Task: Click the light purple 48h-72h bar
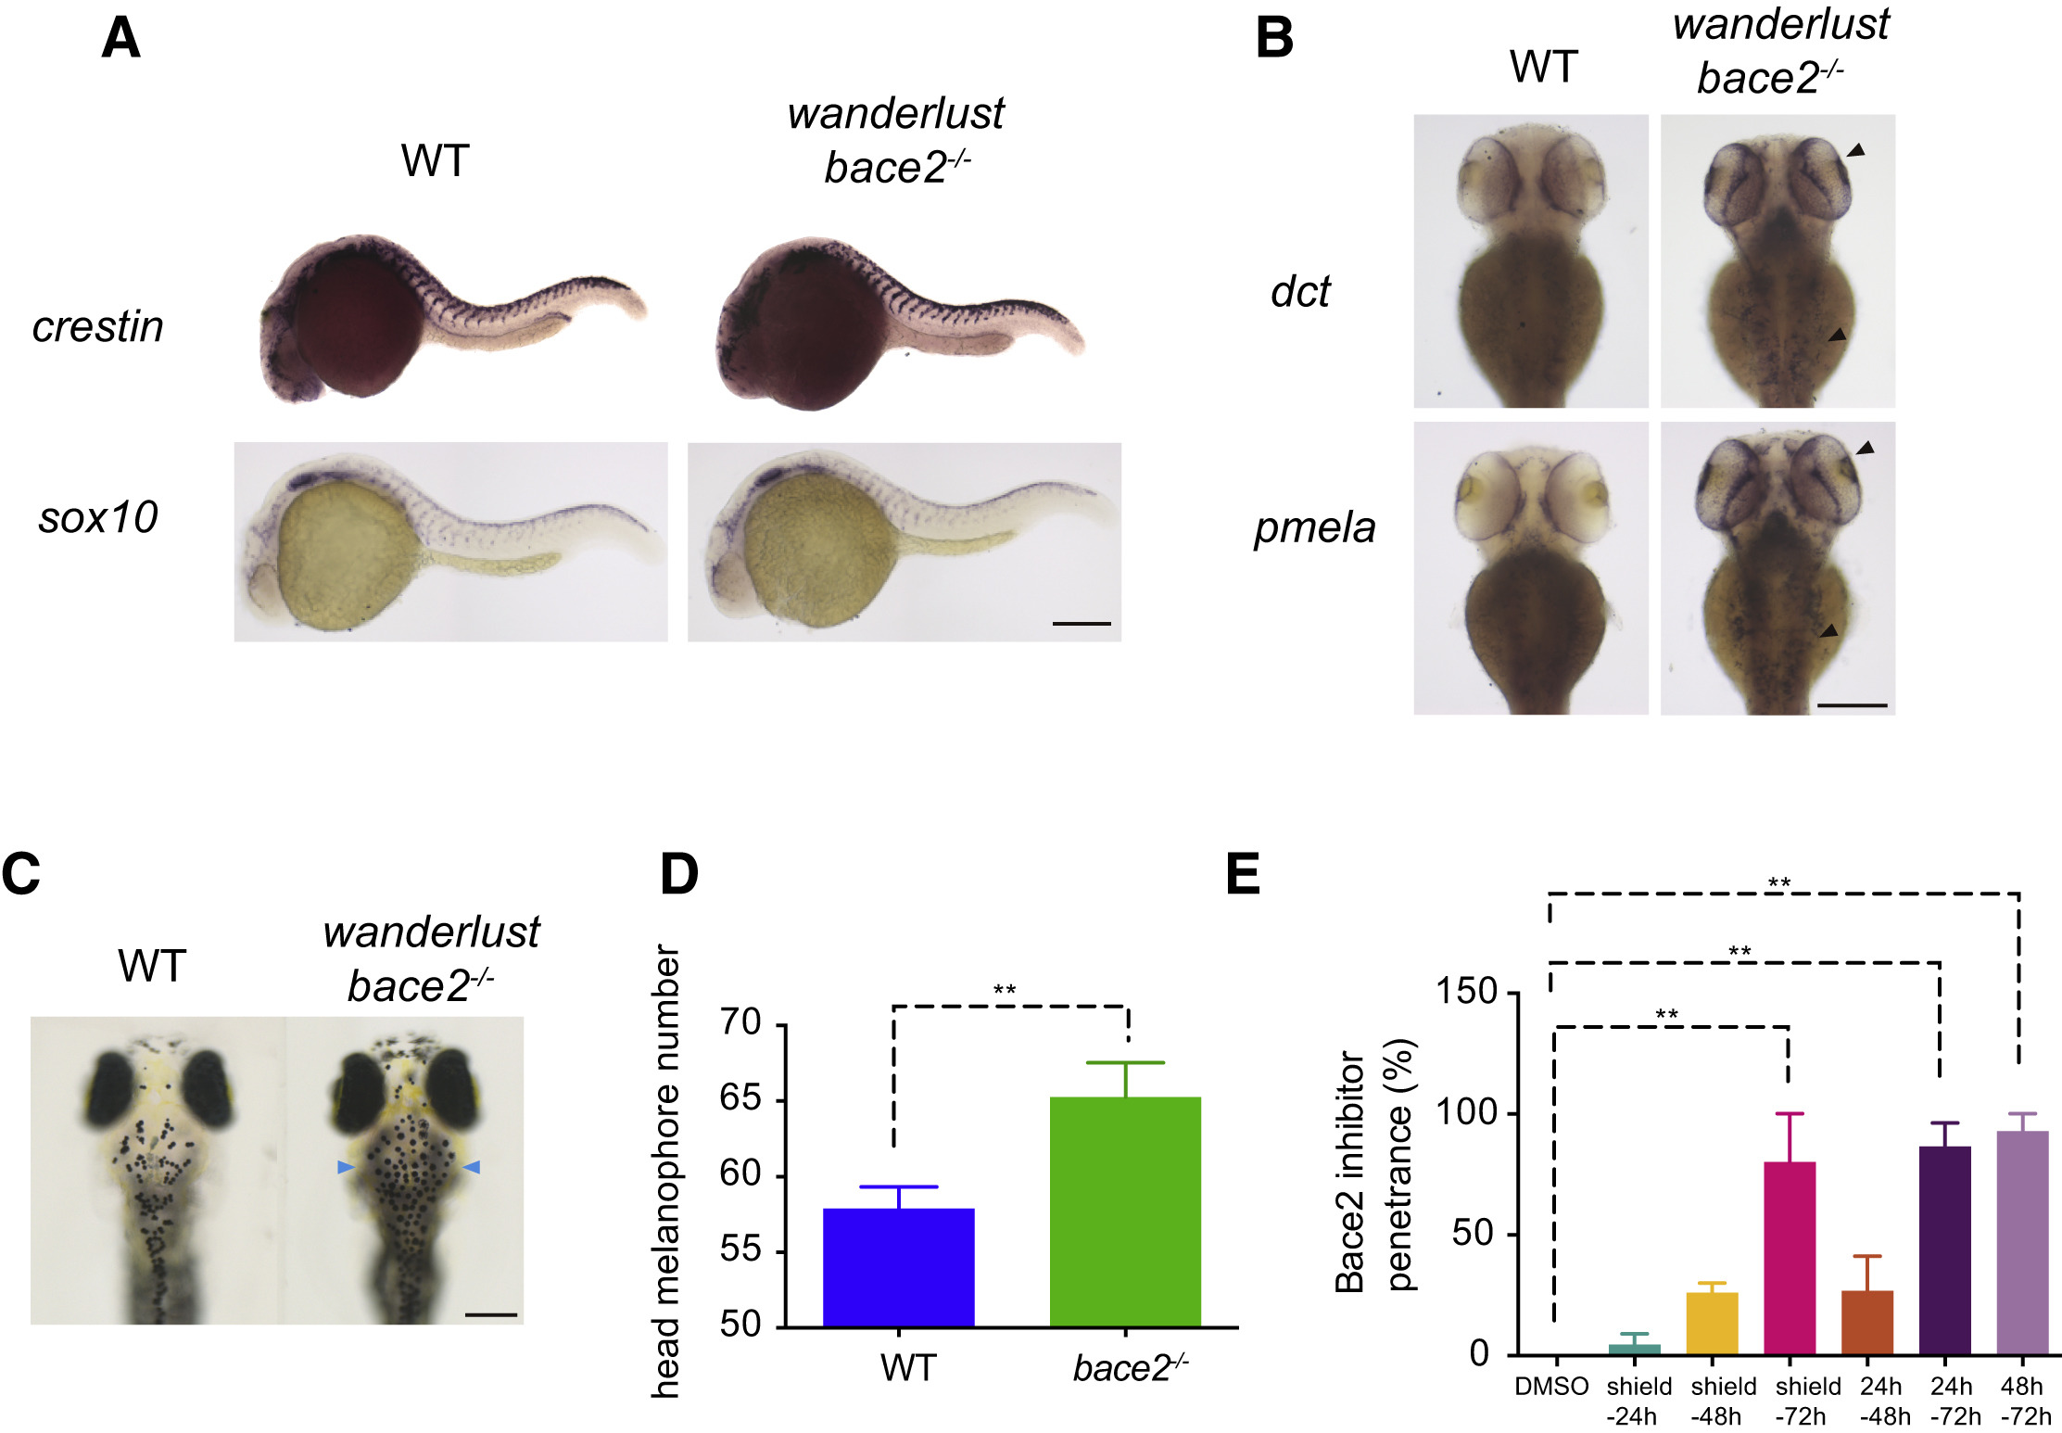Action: (2022, 1242)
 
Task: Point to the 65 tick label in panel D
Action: (740, 1099)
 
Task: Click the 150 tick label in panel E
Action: (1466, 992)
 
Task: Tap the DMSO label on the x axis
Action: (1551, 1387)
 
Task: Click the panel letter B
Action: (1274, 39)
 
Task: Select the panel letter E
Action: (1243, 873)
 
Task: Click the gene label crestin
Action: (97, 326)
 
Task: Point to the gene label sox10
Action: (97, 517)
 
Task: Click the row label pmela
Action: (1314, 527)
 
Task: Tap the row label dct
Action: (1299, 292)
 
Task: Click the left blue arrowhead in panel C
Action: (346, 1168)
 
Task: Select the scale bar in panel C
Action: (490, 1314)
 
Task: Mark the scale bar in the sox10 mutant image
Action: (1082, 624)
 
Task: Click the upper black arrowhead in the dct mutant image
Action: (1855, 150)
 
